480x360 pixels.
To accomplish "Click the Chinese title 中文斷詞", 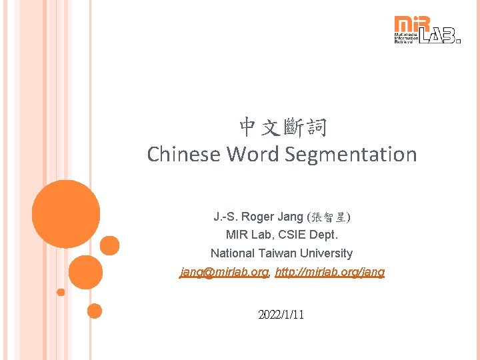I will [x=282, y=126].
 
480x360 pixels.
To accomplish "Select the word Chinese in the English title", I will [x=184, y=154].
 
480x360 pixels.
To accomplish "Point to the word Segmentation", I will [x=351, y=154].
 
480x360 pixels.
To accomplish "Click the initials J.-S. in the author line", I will [x=225, y=217].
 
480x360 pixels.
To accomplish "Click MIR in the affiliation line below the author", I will [x=237, y=235].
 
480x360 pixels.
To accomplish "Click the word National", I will [x=232, y=253].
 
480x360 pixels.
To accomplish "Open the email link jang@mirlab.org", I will [x=224, y=272].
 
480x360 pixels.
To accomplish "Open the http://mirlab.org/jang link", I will [x=330, y=272].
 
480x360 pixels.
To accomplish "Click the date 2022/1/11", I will [x=281, y=314].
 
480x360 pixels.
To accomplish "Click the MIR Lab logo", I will [x=427, y=30].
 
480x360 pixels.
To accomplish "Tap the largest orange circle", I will [x=65, y=214].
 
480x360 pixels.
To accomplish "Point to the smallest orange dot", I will [x=61, y=292].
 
